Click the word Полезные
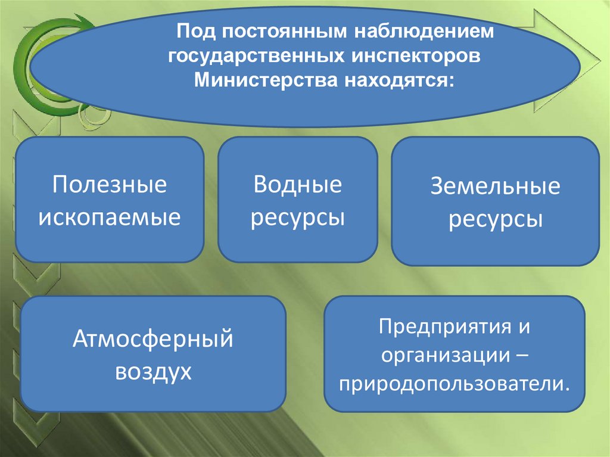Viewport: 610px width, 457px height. click(x=109, y=184)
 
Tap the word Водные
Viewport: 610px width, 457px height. click(x=297, y=184)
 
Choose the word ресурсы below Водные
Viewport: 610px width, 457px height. click(x=297, y=217)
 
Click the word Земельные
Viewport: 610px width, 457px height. click(x=495, y=187)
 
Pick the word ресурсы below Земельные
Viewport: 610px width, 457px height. click(x=495, y=220)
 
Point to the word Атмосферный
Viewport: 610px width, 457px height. click(x=152, y=340)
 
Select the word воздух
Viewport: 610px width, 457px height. click(x=152, y=372)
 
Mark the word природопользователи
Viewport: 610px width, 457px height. click(x=455, y=383)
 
